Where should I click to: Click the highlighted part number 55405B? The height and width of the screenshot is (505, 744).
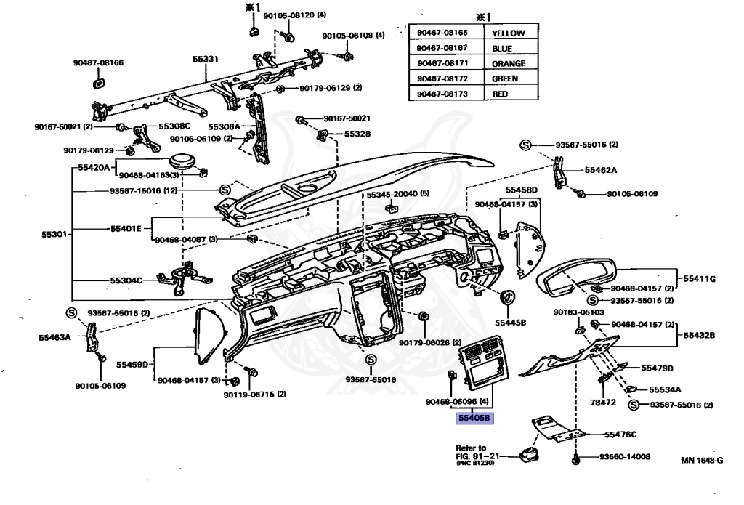point(474,418)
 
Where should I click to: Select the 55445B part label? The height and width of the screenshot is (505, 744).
point(510,321)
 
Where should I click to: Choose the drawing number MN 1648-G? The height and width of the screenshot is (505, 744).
point(702,460)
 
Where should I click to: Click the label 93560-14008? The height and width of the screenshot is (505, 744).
point(624,457)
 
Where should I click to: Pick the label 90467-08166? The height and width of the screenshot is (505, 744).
point(98,63)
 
